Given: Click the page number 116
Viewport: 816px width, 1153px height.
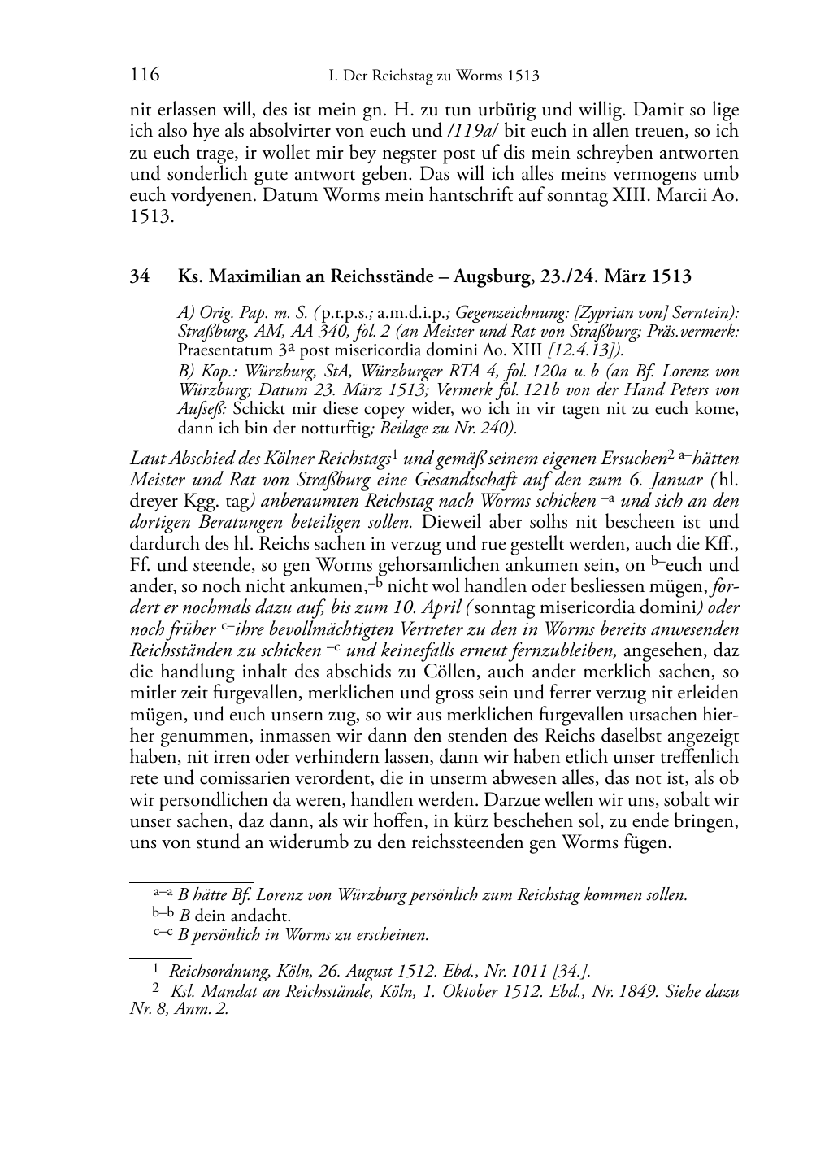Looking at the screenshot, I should pos(145,76).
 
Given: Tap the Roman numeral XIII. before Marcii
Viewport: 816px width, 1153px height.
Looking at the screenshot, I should pos(634,196).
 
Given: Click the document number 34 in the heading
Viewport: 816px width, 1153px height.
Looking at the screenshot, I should pos(140,276).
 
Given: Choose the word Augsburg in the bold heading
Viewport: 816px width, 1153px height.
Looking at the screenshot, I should pos(490,276).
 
